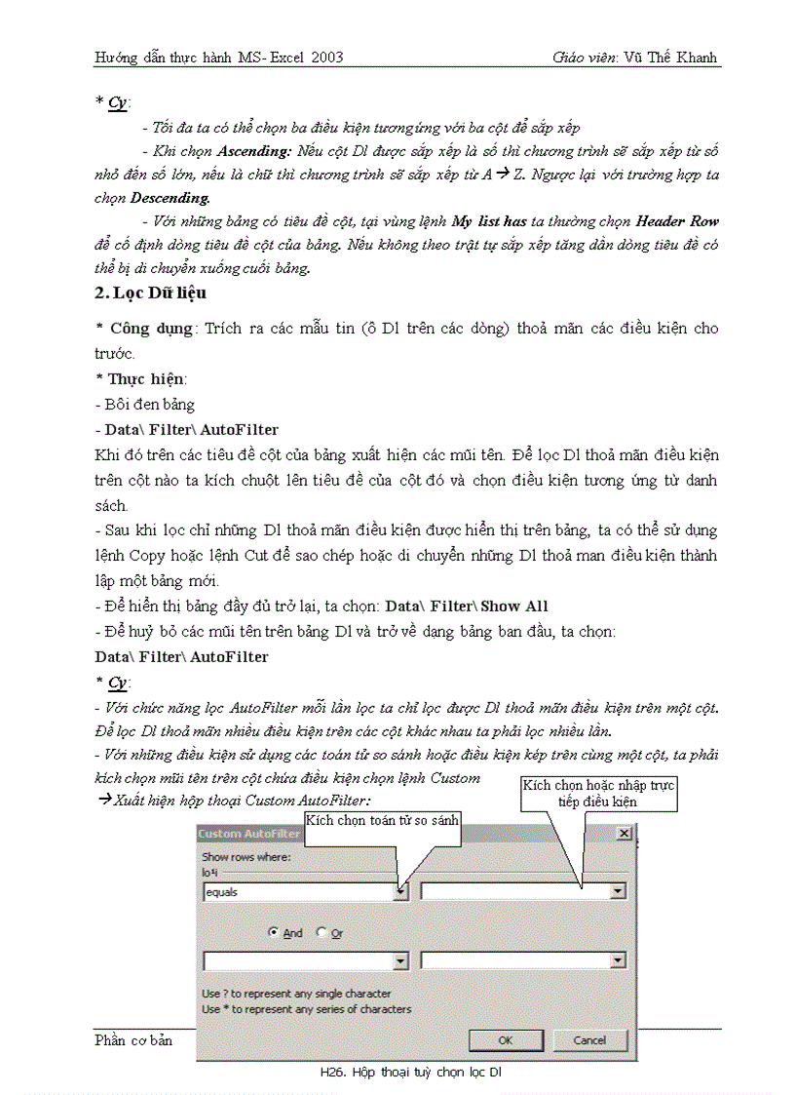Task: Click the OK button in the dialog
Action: click(506, 1040)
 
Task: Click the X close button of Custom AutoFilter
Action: click(624, 834)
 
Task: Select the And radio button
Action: click(275, 933)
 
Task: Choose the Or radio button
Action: click(322, 933)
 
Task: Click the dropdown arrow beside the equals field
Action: click(400, 891)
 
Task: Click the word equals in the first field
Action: click(221, 891)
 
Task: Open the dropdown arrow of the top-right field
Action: click(618, 891)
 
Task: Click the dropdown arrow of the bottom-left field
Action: click(400, 961)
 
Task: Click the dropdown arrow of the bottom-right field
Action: click(618, 961)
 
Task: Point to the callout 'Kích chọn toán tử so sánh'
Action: click(382, 820)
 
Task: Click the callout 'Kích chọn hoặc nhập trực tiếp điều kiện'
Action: click(598, 793)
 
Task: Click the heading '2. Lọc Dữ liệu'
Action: click(150, 293)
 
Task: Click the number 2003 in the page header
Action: click(326, 58)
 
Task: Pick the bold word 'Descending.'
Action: click(170, 199)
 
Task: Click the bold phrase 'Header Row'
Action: click(677, 222)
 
